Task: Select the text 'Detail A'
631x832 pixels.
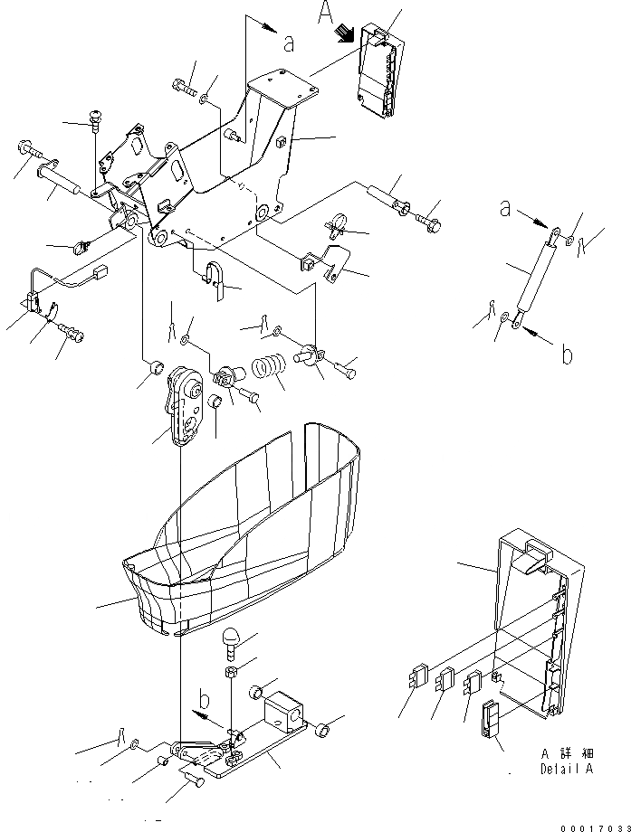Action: (568, 770)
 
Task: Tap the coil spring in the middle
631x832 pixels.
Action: (268, 370)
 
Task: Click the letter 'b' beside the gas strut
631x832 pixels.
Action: (567, 355)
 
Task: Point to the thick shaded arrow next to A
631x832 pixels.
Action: (345, 33)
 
